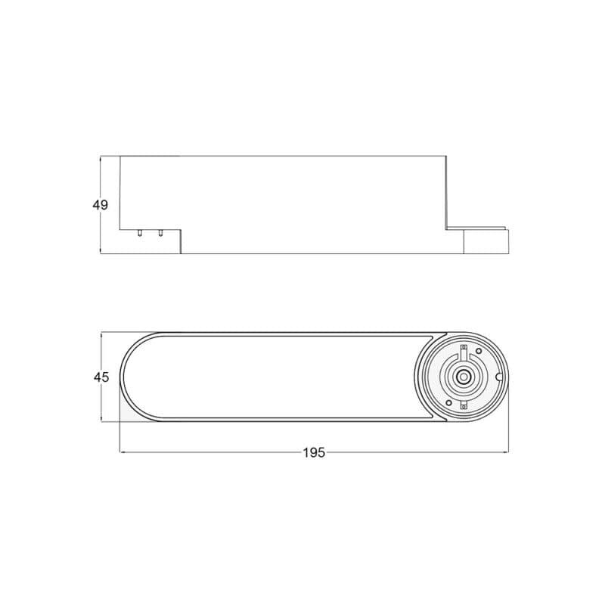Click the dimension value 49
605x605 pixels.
pos(101,205)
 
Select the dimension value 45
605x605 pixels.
pos(101,377)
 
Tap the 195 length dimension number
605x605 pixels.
pos(314,452)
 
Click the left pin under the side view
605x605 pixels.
pos(140,233)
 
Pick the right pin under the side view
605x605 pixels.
pos(160,233)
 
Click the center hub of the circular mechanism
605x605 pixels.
pos(462,377)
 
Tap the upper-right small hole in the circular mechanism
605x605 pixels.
pos(479,351)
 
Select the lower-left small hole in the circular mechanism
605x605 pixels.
pos(448,403)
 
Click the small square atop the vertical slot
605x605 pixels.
pos(464,346)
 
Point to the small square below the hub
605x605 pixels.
pos(464,406)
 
